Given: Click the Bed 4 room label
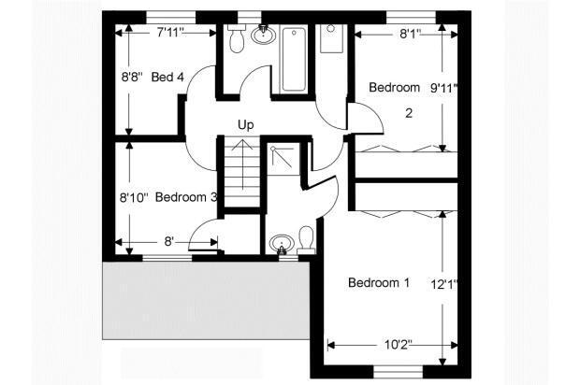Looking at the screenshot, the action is pyautogui.click(x=167, y=78).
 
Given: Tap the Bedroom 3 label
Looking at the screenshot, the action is pyautogui.click(x=186, y=197).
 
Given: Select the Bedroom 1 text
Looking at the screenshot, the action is pyautogui.click(x=379, y=282).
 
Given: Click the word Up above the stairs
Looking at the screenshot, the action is pyautogui.click(x=246, y=125).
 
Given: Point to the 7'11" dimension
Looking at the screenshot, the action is pyautogui.click(x=170, y=33).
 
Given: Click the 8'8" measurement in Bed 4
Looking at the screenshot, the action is pyautogui.click(x=132, y=78).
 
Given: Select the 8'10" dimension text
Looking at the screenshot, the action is pyautogui.click(x=134, y=198).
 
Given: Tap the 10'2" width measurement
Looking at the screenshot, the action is pyautogui.click(x=398, y=345).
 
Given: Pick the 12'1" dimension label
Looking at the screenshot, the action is pyautogui.click(x=444, y=285).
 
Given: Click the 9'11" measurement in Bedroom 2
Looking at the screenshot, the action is pyautogui.click(x=443, y=88).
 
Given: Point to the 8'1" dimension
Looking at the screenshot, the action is pyautogui.click(x=411, y=34).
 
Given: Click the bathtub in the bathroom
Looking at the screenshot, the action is pyautogui.click(x=294, y=59).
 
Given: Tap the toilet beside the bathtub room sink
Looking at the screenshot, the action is pyautogui.click(x=236, y=37).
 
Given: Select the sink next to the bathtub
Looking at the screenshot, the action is pyautogui.click(x=264, y=35).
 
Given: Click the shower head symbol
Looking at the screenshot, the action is pyautogui.click(x=273, y=150).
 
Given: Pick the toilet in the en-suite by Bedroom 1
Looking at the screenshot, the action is pyautogui.click(x=306, y=240).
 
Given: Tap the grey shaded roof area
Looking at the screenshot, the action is pyautogui.click(x=206, y=300).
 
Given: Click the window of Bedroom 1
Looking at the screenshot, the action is pyautogui.click(x=398, y=372).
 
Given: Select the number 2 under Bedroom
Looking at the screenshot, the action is pyautogui.click(x=409, y=113).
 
